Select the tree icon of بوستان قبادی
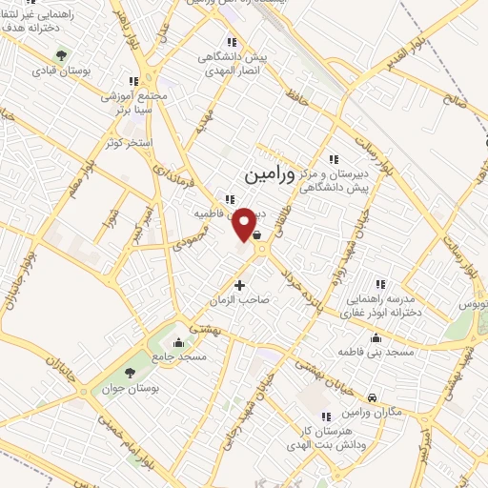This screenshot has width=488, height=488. pyautogui.click(x=62, y=55)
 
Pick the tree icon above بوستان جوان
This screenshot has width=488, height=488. pyautogui.click(x=131, y=372)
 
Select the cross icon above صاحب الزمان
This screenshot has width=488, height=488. pyautogui.click(x=239, y=285)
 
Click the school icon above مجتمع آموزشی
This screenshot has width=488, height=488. pyautogui.click(x=133, y=82)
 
